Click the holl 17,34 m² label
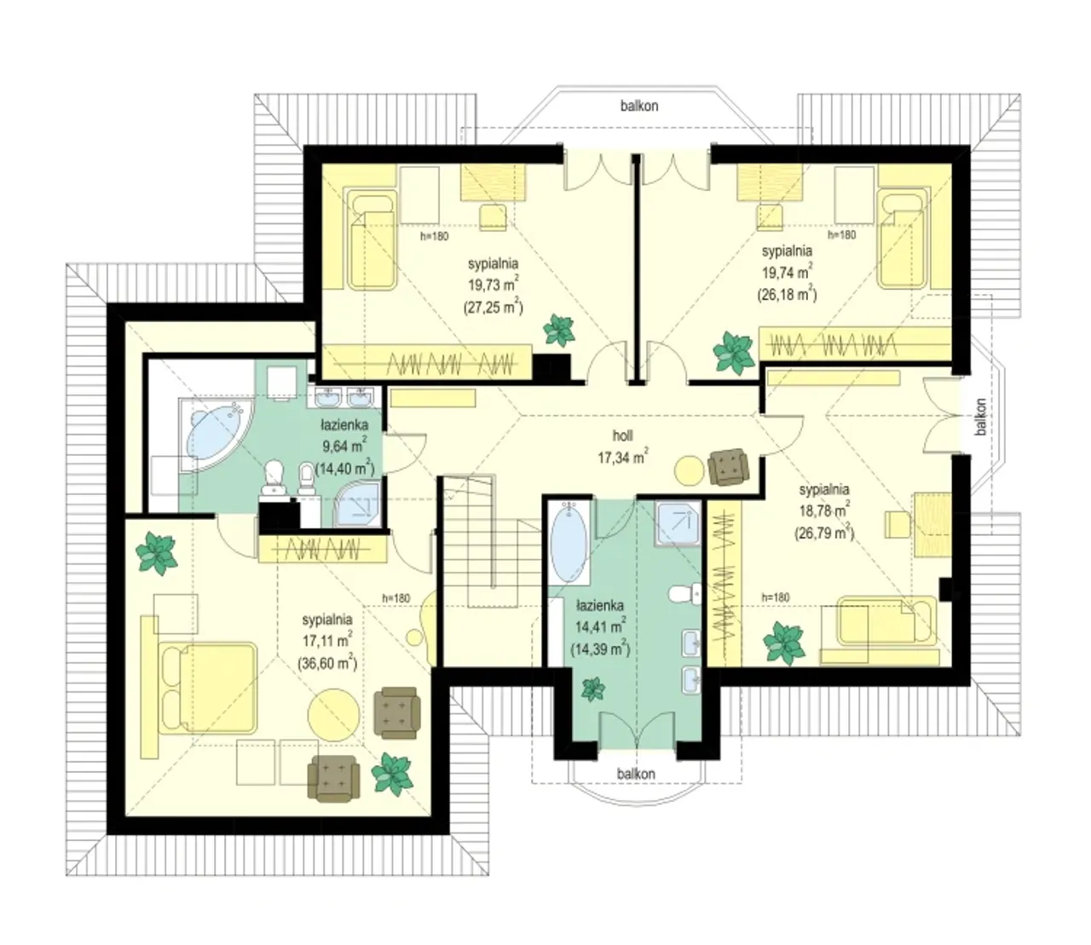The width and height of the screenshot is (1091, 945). (x=623, y=447)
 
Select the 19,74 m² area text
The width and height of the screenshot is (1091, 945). (x=787, y=273)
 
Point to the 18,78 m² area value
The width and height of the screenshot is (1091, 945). (x=824, y=510)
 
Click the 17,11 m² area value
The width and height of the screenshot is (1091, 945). (x=327, y=641)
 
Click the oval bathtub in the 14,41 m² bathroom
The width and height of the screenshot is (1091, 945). (x=569, y=542)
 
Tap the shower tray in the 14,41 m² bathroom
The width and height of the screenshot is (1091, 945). (x=678, y=523)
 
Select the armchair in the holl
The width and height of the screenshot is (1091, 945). (x=728, y=467)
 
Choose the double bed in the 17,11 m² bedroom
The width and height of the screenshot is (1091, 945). (x=210, y=688)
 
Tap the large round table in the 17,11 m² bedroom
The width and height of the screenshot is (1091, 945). (x=333, y=716)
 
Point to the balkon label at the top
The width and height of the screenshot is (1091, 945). (x=639, y=106)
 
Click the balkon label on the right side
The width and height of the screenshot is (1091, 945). (x=981, y=417)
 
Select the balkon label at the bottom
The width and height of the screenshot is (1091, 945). (x=637, y=774)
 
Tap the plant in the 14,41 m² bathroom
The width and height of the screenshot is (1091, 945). (x=593, y=689)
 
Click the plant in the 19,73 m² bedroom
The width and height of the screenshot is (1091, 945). (x=559, y=331)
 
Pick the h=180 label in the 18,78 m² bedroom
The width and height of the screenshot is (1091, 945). (x=776, y=598)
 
